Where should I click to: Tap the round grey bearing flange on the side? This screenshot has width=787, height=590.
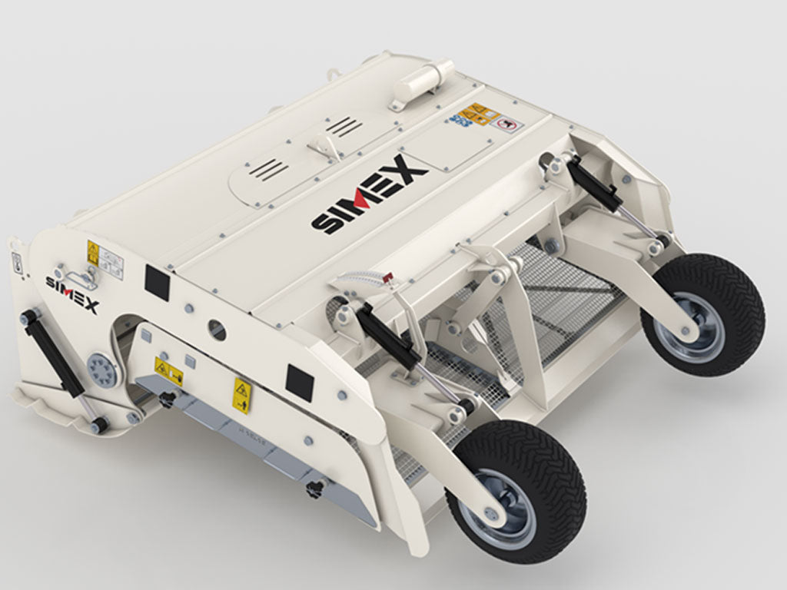pos(101,370)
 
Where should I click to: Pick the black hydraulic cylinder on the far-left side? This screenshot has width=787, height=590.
pos(53,350)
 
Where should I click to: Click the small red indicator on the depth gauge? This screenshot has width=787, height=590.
pos(388,276)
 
